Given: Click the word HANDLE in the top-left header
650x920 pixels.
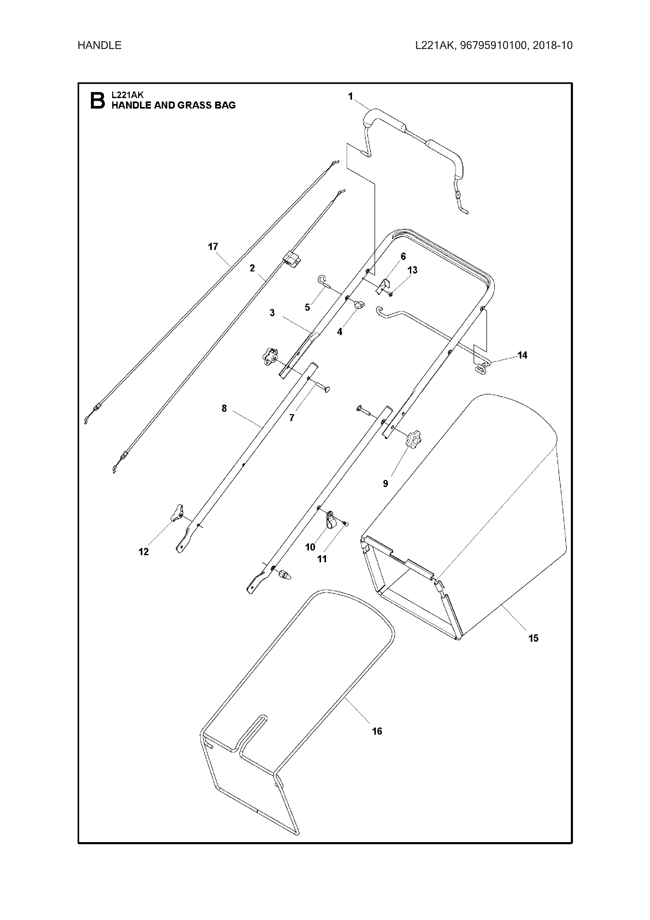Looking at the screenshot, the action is point(99,45).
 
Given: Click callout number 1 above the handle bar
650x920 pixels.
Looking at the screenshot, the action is point(350,97).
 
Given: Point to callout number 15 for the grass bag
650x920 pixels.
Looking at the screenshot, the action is point(533,638).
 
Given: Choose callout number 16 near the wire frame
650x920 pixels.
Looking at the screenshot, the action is point(377,731).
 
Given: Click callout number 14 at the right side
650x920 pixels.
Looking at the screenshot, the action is point(522,355).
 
